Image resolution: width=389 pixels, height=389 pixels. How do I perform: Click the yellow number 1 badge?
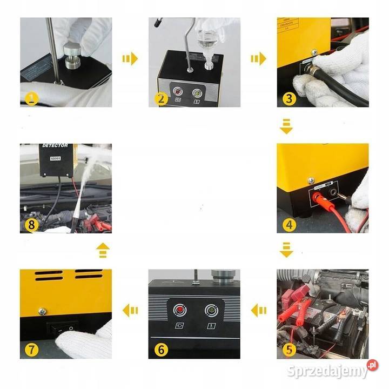pos(32,98)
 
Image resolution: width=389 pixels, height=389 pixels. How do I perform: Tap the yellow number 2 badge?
pos(160,98)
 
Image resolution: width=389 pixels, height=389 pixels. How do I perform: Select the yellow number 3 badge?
pos(289,98)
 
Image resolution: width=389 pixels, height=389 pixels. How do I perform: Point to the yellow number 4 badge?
pos(289,224)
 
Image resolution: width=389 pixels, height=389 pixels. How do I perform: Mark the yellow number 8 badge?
pos(32,224)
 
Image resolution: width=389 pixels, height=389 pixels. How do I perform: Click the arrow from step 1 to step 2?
pos(130,58)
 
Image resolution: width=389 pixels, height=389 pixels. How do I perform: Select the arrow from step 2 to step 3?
pos(258,58)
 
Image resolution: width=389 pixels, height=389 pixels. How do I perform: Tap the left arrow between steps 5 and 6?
pos(258,310)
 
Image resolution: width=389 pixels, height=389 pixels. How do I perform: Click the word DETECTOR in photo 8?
pos(53,146)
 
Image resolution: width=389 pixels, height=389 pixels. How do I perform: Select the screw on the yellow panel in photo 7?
pos(42,311)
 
